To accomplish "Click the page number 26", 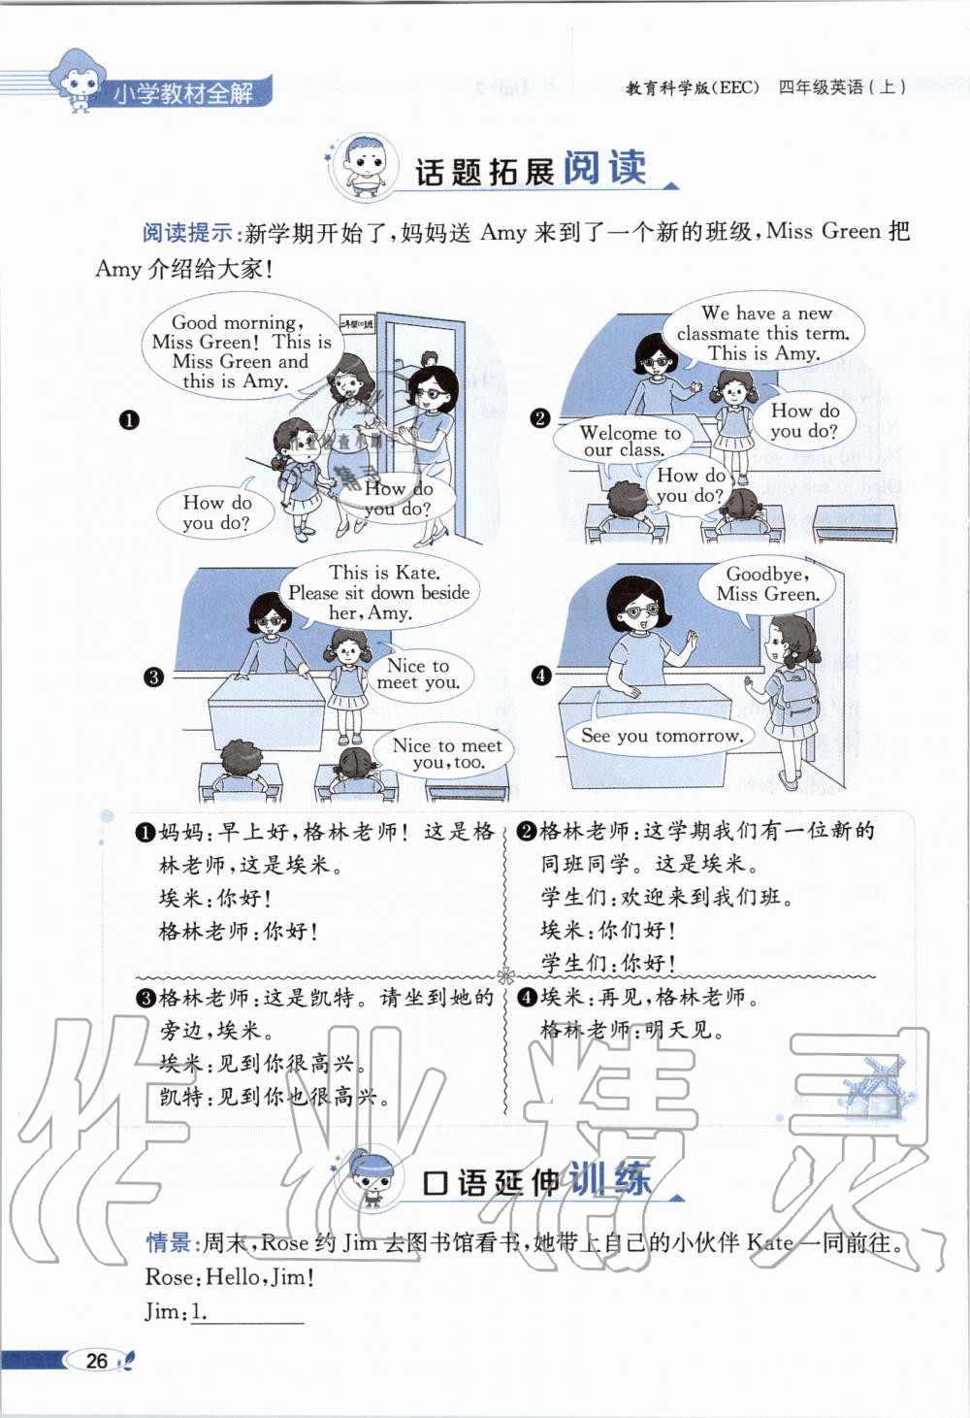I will (97, 1360).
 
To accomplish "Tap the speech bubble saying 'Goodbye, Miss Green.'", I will (767, 584).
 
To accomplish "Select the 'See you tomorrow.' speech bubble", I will (662, 736).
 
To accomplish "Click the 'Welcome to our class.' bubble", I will (630, 442).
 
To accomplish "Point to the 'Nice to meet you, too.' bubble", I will (447, 753).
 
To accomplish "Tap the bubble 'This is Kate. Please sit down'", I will (378, 592).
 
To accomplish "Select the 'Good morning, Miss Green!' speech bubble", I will (241, 351).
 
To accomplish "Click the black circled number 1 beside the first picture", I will (128, 420).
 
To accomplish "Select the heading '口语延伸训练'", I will (536, 1181).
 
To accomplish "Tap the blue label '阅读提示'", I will (187, 233).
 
